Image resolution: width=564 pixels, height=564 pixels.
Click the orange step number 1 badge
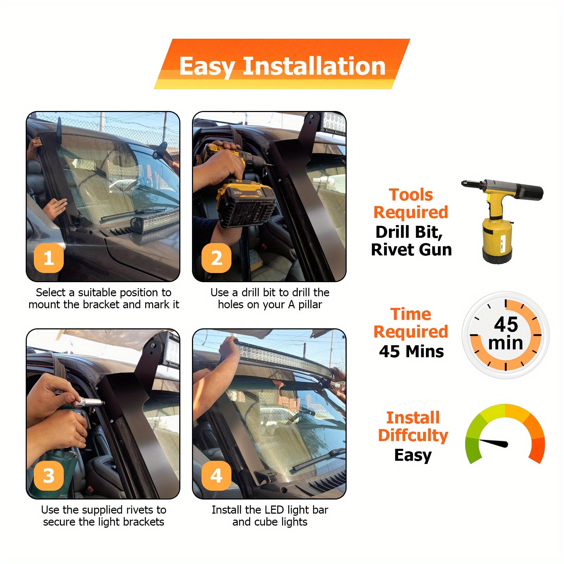point(49,258)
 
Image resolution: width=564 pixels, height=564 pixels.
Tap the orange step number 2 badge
point(216,258)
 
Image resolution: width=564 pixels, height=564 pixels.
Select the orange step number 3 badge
point(49,475)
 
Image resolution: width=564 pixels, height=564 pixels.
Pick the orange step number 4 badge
point(216,475)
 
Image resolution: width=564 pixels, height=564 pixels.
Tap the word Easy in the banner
point(207,67)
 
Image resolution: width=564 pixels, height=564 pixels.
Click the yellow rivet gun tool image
point(502,221)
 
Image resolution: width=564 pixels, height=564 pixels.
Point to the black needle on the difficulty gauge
point(493,443)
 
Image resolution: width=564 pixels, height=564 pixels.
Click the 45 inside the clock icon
point(506,324)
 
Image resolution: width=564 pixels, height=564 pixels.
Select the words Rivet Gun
point(411,249)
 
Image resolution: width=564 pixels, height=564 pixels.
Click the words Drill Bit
point(409,232)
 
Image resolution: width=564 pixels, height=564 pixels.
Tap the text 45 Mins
point(411,351)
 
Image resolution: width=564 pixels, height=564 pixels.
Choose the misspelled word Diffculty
point(413,435)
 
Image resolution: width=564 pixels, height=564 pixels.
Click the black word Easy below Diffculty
point(413,455)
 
